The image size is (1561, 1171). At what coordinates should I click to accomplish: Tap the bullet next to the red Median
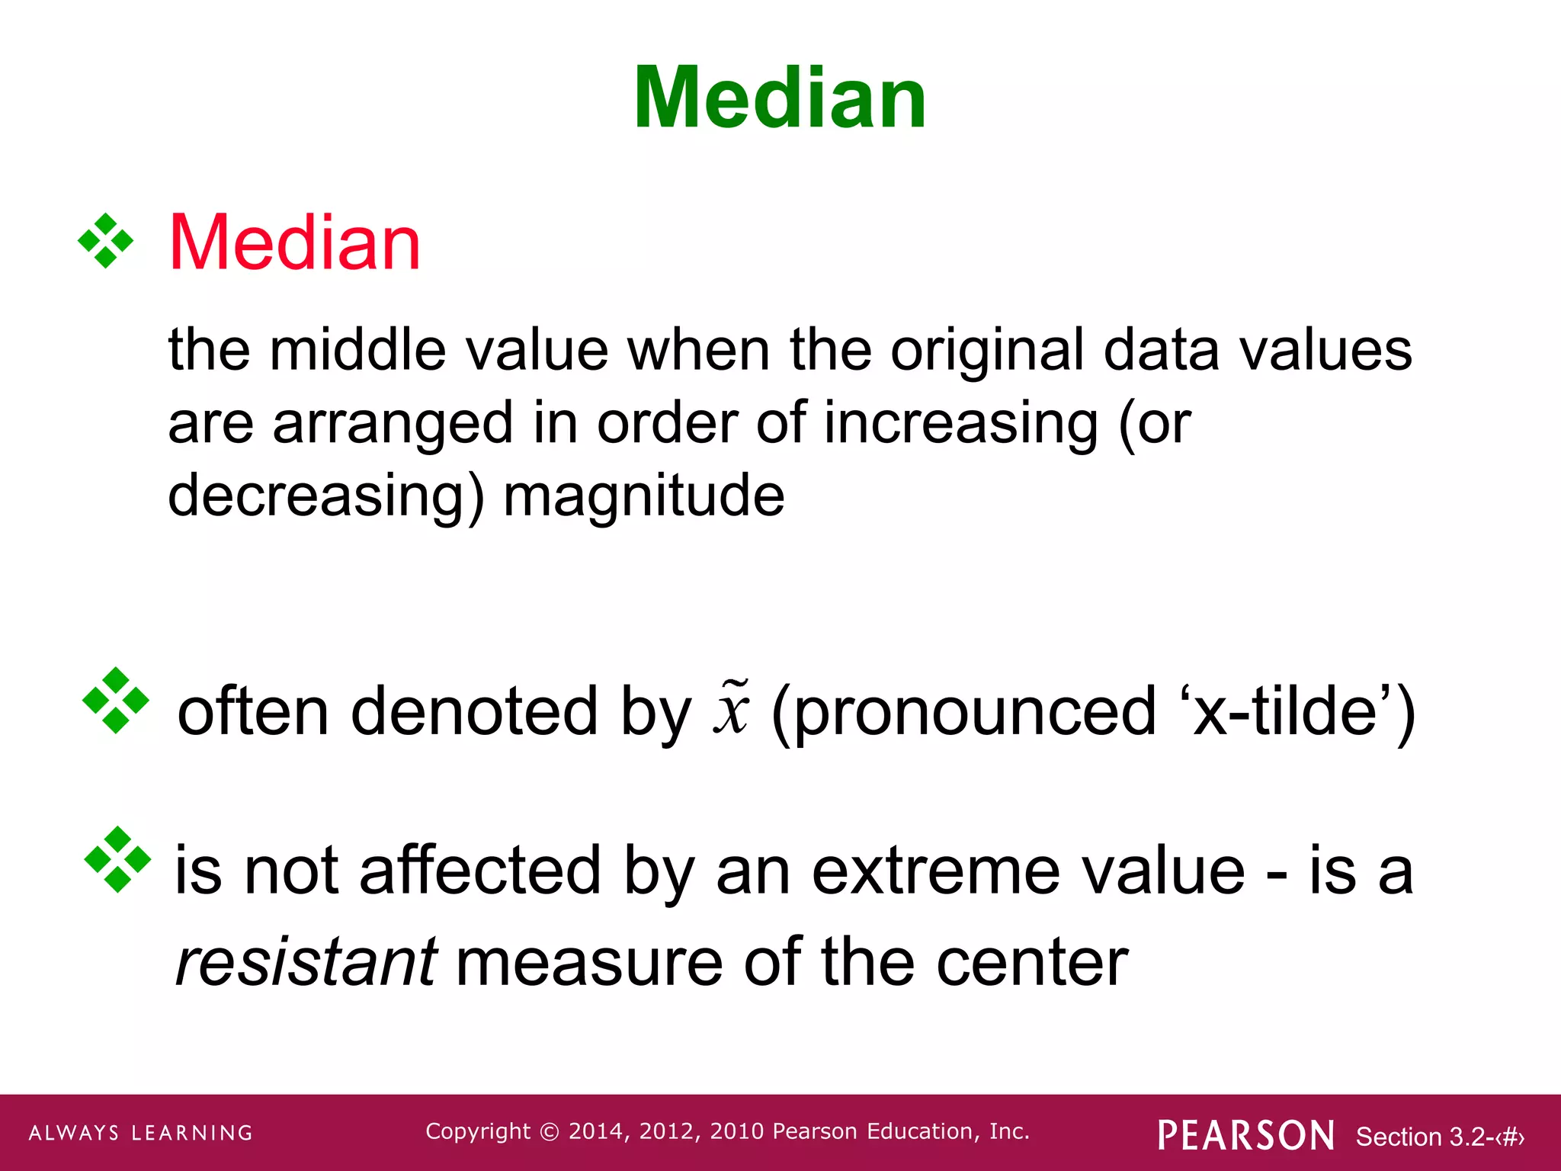105,241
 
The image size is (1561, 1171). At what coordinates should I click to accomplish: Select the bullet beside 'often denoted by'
115,700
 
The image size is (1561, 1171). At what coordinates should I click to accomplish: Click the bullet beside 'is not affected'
117,859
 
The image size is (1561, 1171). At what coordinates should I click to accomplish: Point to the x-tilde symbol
732,707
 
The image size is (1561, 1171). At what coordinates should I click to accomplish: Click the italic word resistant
306,962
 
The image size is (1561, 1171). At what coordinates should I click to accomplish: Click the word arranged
393,424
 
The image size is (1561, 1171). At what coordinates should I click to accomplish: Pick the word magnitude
644,496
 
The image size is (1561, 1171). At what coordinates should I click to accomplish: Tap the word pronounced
965,711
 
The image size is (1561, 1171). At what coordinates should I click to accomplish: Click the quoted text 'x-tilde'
1289,711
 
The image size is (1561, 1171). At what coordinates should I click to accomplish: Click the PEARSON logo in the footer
1245,1135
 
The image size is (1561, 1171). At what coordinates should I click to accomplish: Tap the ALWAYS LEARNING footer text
141,1133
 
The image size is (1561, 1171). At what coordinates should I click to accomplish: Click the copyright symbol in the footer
549,1132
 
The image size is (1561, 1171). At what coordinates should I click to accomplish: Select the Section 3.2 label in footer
1439,1137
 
